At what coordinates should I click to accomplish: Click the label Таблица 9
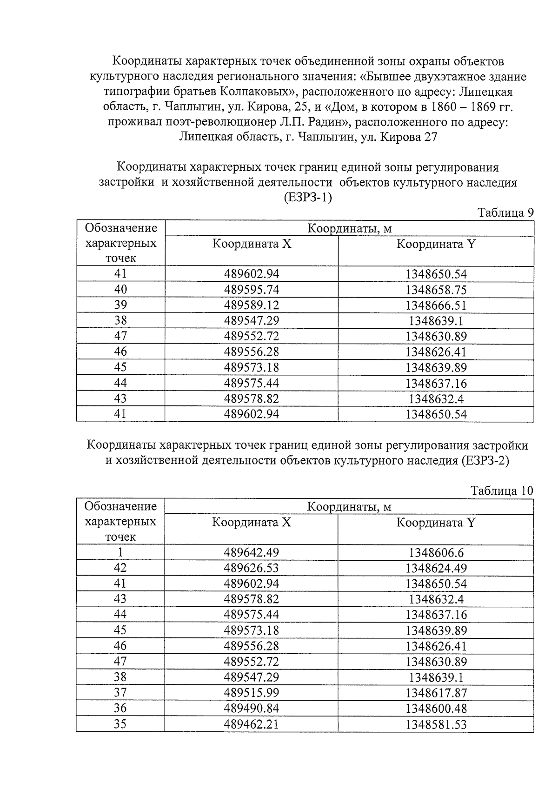click(x=505, y=213)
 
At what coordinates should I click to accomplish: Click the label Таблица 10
click(x=502, y=491)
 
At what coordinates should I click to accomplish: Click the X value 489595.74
click(x=252, y=290)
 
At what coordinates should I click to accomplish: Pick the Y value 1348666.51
click(x=436, y=305)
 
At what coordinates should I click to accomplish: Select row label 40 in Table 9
click(x=120, y=290)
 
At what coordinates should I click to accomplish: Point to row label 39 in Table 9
click(x=120, y=305)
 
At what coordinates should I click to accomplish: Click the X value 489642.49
click(x=252, y=552)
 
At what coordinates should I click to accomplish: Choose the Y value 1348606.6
click(x=436, y=553)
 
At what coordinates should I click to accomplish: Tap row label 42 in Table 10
click(x=120, y=568)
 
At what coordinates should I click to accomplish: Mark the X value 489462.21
click(x=252, y=724)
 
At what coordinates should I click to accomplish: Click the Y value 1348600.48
click(x=436, y=709)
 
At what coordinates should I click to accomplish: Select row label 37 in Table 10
click(x=120, y=693)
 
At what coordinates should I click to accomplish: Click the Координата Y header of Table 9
click(x=436, y=244)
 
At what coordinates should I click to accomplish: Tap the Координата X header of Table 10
click(x=252, y=523)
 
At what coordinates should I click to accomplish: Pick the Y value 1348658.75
click(x=436, y=290)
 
